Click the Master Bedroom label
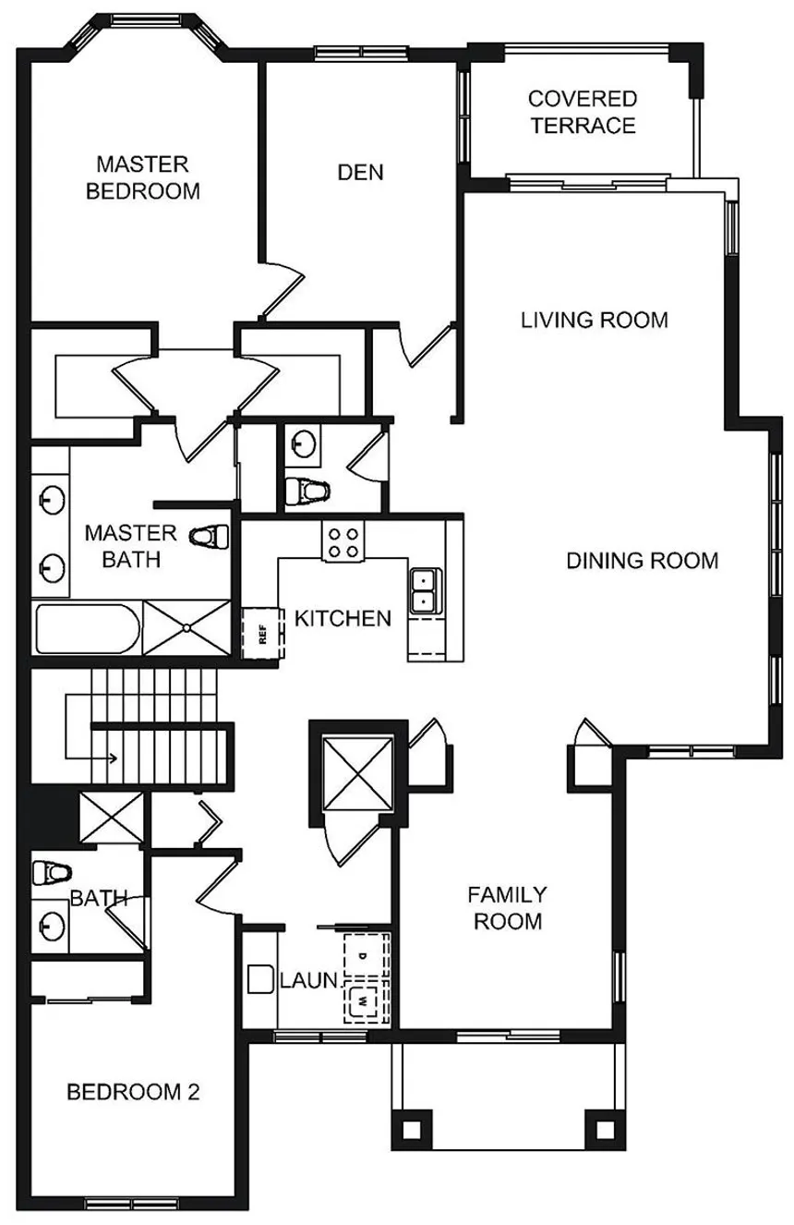[143, 177]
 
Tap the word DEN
[361, 173]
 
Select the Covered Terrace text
[583, 112]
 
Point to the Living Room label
[595, 320]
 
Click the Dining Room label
[642, 561]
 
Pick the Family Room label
[508, 908]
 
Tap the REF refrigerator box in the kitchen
[263, 633]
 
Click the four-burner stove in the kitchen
[343, 541]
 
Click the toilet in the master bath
[210, 536]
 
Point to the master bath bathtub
[88, 628]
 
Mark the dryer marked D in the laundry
[366, 955]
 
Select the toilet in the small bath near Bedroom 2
[52, 873]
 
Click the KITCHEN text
[343, 619]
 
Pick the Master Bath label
[130, 546]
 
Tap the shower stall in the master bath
[186, 628]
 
